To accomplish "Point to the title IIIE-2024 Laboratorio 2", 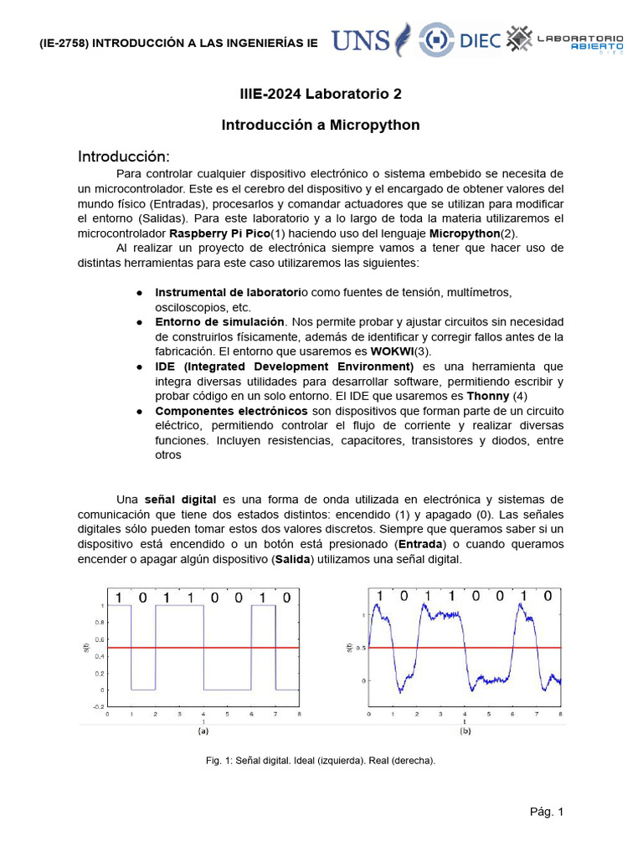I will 321,94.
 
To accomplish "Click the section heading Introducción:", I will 124,157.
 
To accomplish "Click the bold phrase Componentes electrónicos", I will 232,411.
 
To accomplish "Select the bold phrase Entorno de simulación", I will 219,322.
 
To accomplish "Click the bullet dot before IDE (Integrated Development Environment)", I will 139,367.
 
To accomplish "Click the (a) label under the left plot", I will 203,731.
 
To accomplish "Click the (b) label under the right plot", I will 466,731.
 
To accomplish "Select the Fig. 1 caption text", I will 321,761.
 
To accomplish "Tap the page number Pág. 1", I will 546,812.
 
